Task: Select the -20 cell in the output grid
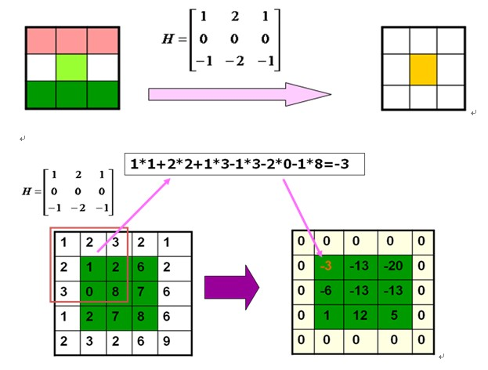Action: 393,266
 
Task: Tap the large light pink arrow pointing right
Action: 240,95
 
